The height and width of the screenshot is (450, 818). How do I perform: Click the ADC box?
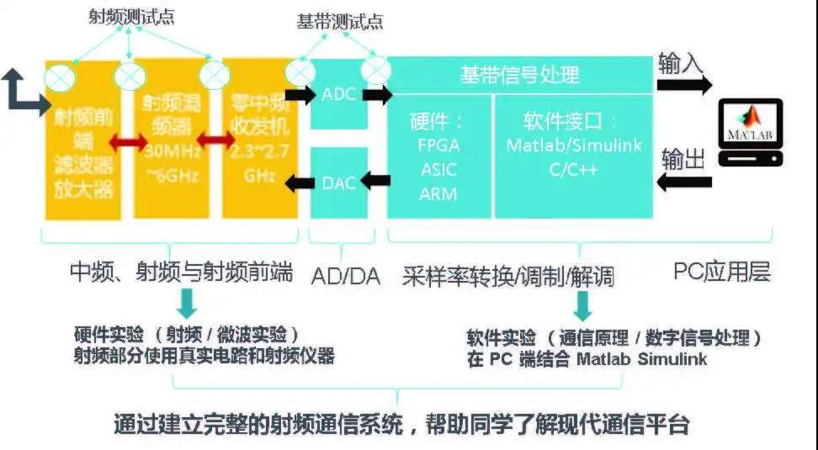(339, 94)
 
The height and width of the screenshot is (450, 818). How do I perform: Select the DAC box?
(339, 181)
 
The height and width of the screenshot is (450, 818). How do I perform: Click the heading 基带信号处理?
(519, 75)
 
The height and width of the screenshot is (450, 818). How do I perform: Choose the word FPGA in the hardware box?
(438, 145)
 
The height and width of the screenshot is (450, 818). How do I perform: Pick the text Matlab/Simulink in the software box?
(574, 145)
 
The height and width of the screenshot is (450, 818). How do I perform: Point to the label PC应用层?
(722, 272)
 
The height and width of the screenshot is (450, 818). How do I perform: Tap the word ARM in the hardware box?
(438, 193)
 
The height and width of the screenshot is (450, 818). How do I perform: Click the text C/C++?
(574, 168)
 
